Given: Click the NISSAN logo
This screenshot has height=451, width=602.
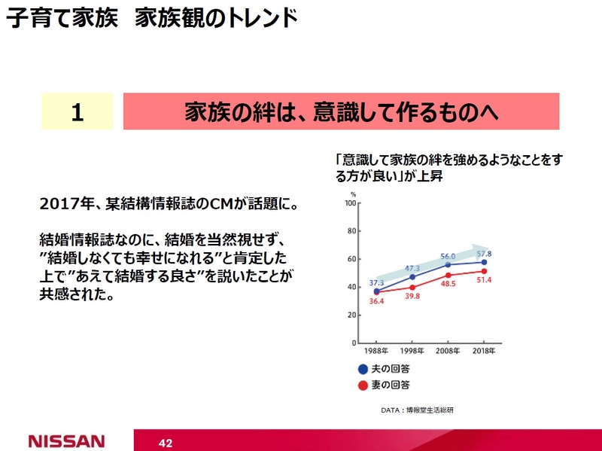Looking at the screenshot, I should [x=66, y=440].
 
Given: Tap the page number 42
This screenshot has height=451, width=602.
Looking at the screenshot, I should [x=166, y=443].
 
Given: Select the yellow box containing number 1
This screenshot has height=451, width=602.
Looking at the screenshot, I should [x=77, y=111].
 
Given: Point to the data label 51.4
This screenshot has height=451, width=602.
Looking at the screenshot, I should [x=483, y=280].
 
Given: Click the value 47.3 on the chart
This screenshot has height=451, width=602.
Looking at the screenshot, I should [x=412, y=268].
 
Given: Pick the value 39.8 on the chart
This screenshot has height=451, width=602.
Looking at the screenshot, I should [x=412, y=297].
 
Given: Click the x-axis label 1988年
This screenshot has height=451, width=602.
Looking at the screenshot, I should [x=376, y=352].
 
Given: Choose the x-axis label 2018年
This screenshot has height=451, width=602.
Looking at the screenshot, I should [x=484, y=352].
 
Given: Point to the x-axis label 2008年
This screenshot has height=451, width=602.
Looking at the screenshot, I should [x=448, y=352].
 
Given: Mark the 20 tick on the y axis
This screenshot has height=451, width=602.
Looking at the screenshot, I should [x=351, y=315].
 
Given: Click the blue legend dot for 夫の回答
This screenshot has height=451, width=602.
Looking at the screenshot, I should [x=363, y=369].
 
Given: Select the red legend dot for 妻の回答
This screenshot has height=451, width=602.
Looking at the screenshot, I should [x=363, y=385].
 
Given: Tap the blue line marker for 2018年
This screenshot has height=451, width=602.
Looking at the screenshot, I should [x=484, y=262].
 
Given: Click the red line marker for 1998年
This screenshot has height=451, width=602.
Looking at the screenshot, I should [x=412, y=287].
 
